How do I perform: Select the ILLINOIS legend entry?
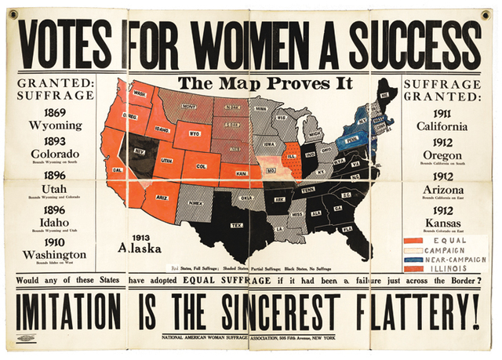pos(449,268)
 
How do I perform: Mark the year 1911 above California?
pos(444,111)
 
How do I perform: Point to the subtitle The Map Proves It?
pos(265,83)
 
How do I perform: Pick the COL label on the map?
pos(201,166)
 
